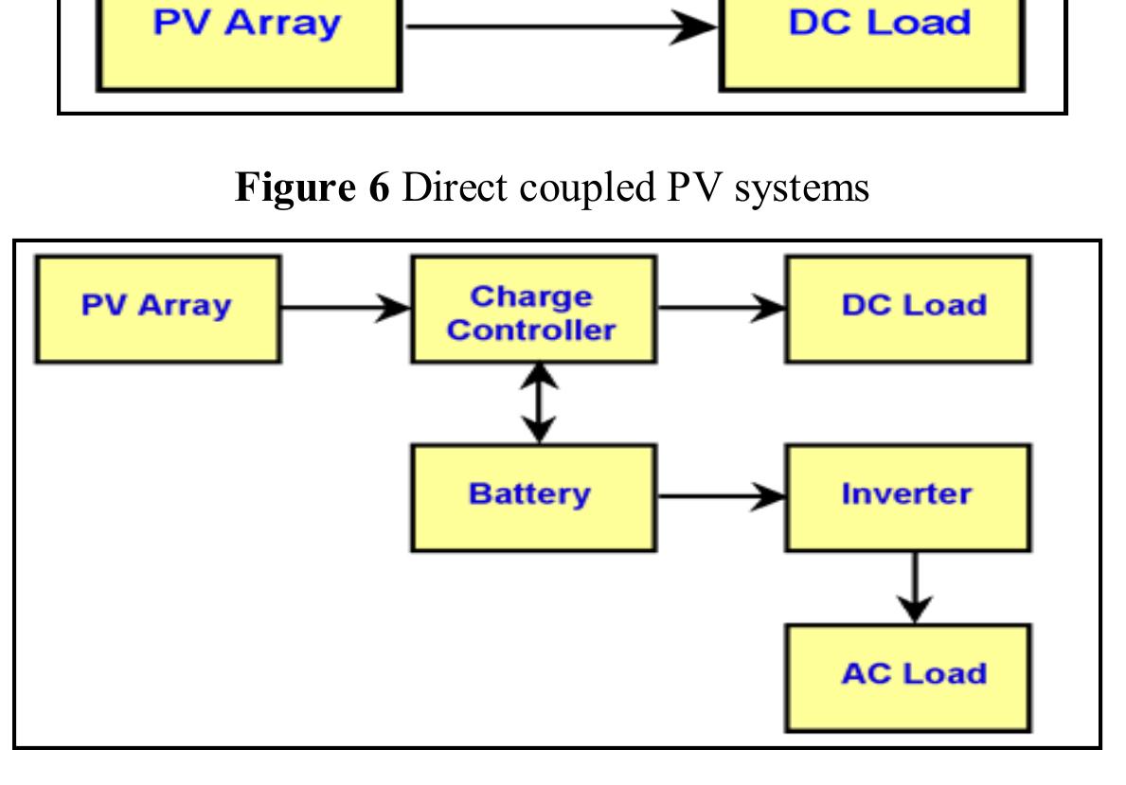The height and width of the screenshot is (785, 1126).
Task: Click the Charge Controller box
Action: click(x=532, y=310)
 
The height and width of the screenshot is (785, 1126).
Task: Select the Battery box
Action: click(x=532, y=497)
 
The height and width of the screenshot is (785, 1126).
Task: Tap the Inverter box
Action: click(x=907, y=497)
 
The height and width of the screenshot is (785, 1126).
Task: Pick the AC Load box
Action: click(x=907, y=677)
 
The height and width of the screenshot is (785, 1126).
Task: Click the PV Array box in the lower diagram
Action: click(x=157, y=309)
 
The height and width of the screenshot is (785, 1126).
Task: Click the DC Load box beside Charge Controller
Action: click(x=907, y=309)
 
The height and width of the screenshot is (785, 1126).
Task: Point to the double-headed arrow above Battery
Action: click(x=538, y=403)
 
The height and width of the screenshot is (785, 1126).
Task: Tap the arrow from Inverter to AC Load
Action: click(x=914, y=587)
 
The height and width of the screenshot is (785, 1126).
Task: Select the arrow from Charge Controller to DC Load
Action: click(x=720, y=308)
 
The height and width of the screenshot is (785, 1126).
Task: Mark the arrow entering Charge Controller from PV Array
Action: click(x=346, y=308)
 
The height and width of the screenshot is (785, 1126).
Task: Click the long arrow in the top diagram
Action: click(x=559, y=27)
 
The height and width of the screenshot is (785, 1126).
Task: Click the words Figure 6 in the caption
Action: click(x=312, y=187)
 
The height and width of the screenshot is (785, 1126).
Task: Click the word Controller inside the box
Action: click(x=531, y=330)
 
